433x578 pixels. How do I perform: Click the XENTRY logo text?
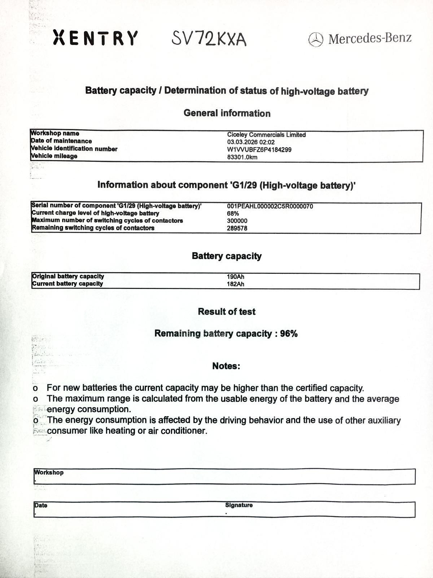(x=95, y=38)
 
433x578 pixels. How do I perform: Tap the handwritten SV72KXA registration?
(x=209, y=39)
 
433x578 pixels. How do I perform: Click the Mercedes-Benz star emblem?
(x=316, y=39)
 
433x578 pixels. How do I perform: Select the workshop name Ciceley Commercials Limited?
(x=266, y=135)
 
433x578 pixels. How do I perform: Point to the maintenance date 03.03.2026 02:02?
(x=251, y=142)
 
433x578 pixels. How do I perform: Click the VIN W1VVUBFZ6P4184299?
(x=259, y=150)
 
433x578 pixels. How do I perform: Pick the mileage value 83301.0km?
(x=242, y=157)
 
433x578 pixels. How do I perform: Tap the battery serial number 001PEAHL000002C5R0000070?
(x=270, y=206)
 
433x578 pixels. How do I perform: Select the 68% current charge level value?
(x=233, y=213)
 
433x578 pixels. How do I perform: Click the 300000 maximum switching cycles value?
(x=237, y=221)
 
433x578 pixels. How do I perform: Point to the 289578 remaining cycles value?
(x=237, y=228)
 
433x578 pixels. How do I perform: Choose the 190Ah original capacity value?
(x=235, y=277)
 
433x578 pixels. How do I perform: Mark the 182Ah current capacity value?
(x=235, y=284)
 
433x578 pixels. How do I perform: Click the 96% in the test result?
(x=289, y=333)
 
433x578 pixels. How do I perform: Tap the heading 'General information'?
(x=227, y=113)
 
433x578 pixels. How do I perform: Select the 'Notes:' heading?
(x=226, y=366)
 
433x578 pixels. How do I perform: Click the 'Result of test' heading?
(x=227, y=311)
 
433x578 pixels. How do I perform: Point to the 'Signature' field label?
(x=239, y=505)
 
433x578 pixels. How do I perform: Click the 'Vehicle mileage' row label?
(x=54, y=156)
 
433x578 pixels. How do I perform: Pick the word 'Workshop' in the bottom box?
(x=49, y=473)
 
